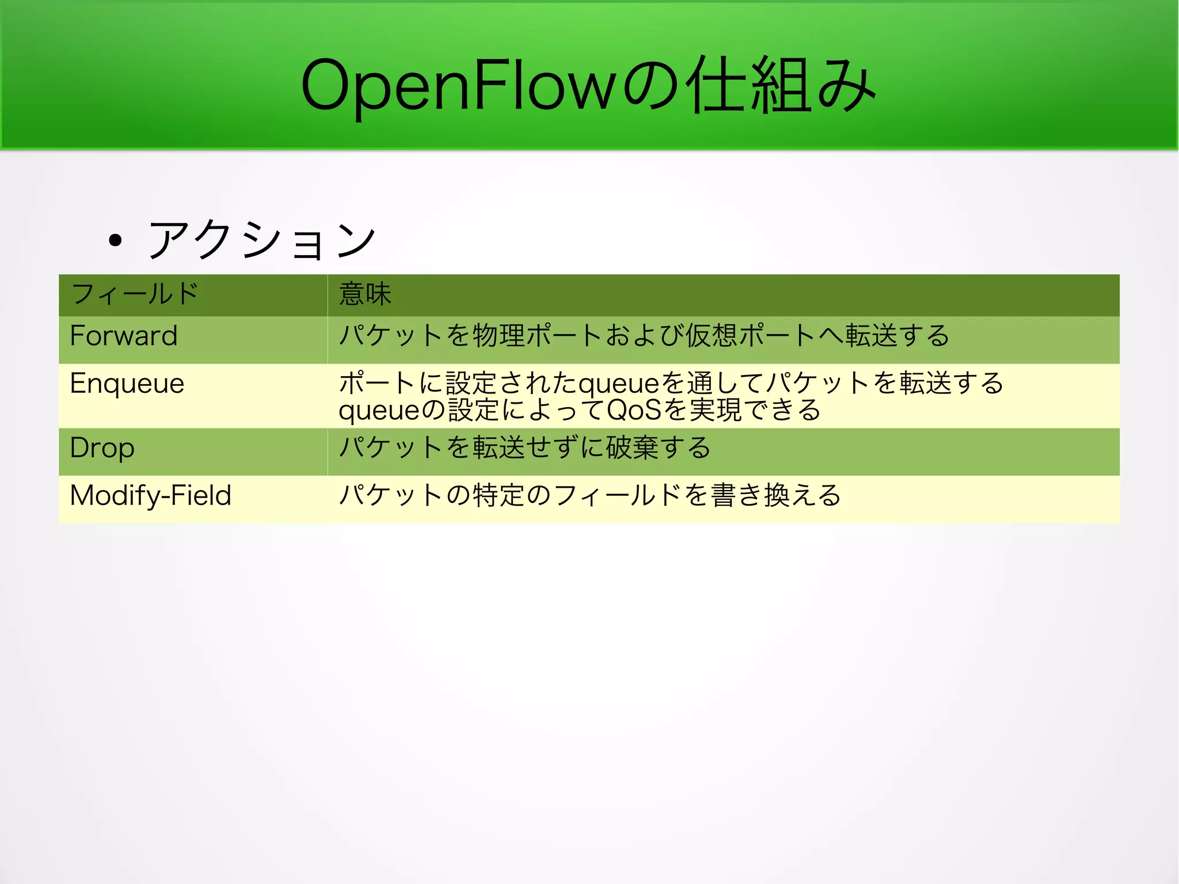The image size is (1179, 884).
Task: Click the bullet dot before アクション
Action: click(116, 240)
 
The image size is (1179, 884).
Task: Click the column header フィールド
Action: click(135, 294)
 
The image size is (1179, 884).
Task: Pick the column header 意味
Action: click(365, 294)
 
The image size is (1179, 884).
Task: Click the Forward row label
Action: click(124, 336)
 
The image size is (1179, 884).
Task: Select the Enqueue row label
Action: click(127, 384)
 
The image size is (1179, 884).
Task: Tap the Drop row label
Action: click(102, 448)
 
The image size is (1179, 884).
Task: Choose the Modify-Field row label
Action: click(151, 496)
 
